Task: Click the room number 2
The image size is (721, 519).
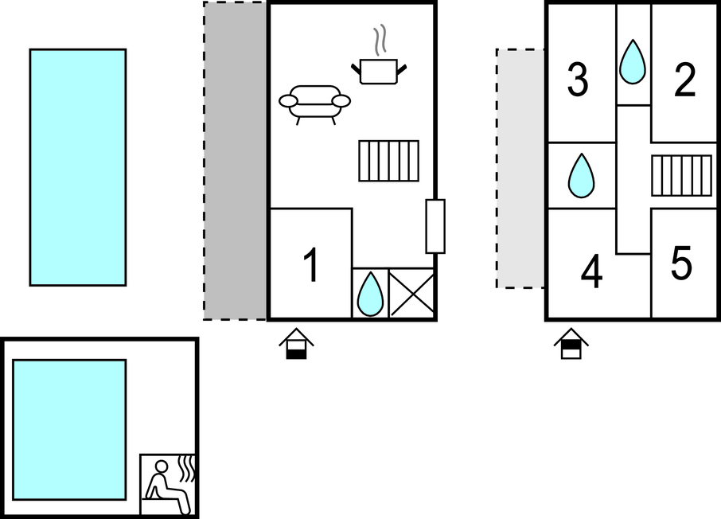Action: coord(684,80)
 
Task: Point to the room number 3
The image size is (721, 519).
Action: coord(578,80)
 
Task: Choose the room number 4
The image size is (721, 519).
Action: coord(592,271)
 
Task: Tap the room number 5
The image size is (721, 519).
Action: coord(681,263)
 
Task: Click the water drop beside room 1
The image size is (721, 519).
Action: coord(370,295)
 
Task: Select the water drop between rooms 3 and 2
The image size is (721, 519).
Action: coord(633,62)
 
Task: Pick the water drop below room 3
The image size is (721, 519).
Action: coord(581,176)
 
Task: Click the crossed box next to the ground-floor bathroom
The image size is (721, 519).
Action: coord(411,293)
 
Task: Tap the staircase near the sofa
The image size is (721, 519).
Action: coord(388,161)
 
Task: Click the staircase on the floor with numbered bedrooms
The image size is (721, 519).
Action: coord(681,176)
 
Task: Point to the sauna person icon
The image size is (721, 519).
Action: coord(167,486)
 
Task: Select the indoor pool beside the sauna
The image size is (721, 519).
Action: coord(69,430)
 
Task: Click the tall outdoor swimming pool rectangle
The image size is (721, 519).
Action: coord(78,167)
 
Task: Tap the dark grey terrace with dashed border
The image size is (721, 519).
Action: coord(235,161)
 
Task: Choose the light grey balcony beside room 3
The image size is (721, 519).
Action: coord(520,169)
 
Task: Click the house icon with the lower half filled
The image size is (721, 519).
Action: coord(296,344)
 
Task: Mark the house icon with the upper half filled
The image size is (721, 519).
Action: coord(571,344)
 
